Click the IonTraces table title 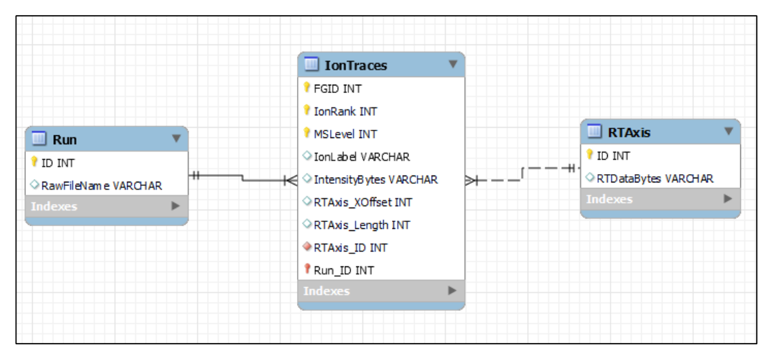click(x=356, y=65)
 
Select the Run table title click(x=65, y=139)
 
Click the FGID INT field click(x=338, y=89)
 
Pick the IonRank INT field click(x=346, y=111)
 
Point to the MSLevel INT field click(x=345, y=134)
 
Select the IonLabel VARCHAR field click(x=361, y=157)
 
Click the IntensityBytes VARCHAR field click(x=376, y=180)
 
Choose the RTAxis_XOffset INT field click(x=363, y=202)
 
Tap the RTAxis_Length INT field click(x=362, y=225)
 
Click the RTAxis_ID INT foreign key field click(x=350, y=247)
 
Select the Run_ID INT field click(x=343, y=271)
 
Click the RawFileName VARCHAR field click(x=102, y=185)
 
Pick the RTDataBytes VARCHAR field click(x=655, y=178)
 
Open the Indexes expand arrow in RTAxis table click(x=728, y=199)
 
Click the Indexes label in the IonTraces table click(x=326, y=291)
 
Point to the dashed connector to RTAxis click(x=522, y=174)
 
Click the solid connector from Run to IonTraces click(x=242, y=178)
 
